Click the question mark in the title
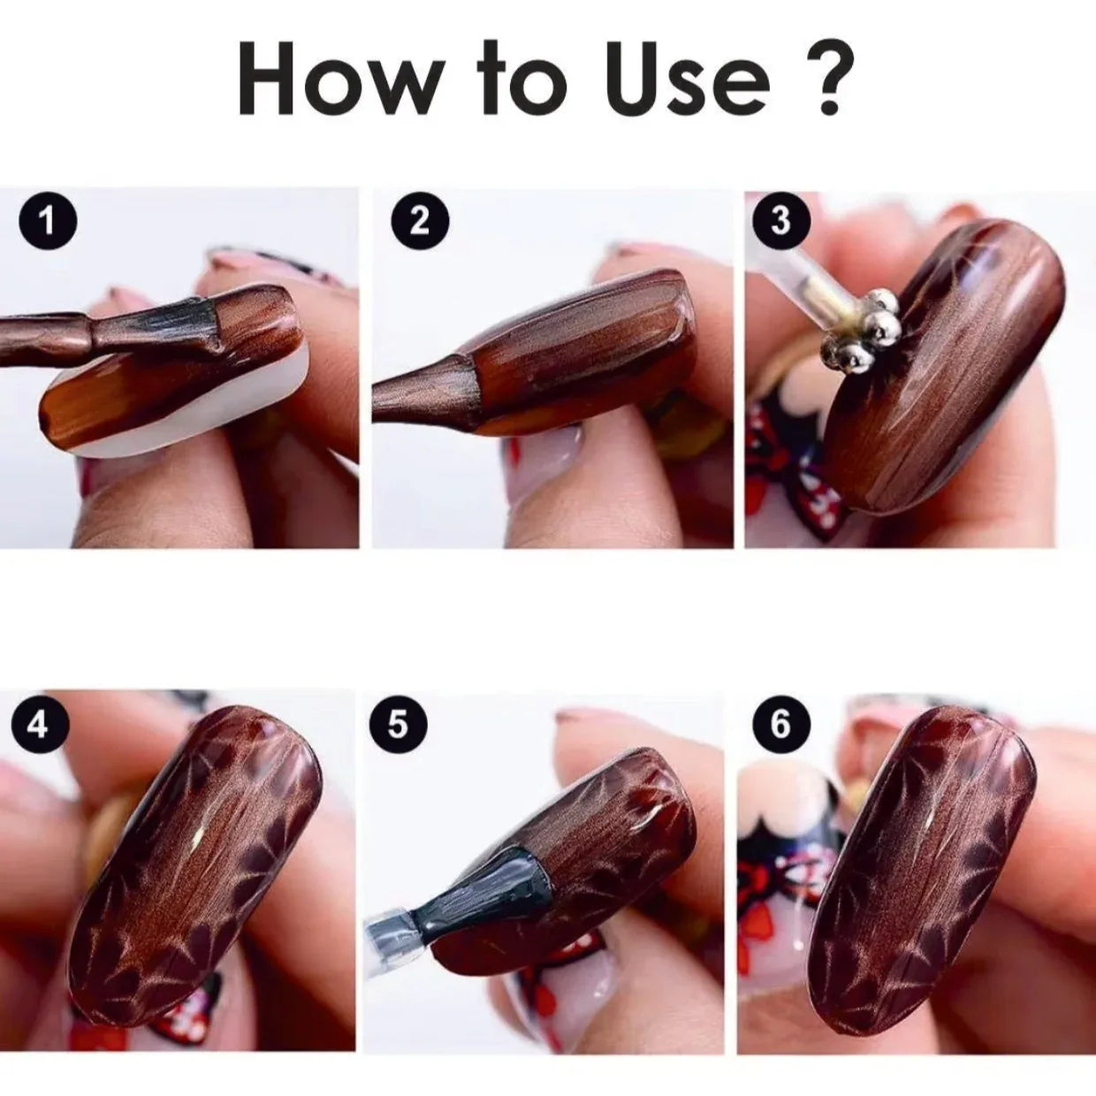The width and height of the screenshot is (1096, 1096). coord(825,78)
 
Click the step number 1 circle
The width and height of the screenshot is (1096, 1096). coord(48,221)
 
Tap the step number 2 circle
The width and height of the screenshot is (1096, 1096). coord(421,221)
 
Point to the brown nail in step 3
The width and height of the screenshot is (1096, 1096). coord(941,367)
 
